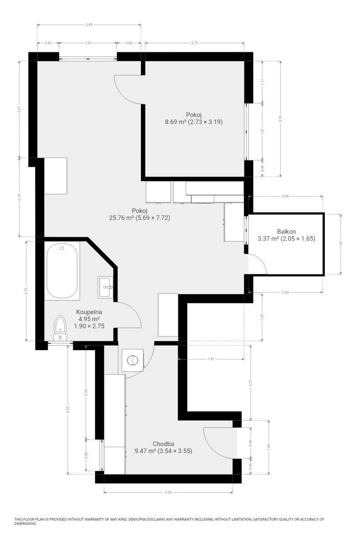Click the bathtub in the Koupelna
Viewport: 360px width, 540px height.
pyautogui.click(x=62, y=271)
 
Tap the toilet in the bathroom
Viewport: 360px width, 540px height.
pyautogui.click(x=60, y=328)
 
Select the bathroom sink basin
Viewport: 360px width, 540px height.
pyautogui.click(x=105, y=287)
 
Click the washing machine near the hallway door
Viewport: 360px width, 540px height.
pyautogui.click(x=132, y=360)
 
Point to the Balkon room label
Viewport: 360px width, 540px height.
pyautogui.click(x=287, y=232)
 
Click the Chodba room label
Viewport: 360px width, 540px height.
pyautogui.click(x=163, y=444)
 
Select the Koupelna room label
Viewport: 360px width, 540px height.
pyautogui.click(x=89, y=312)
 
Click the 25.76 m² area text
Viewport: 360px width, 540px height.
pyautogui.click(x=121, y=218)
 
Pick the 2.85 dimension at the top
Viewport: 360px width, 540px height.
pyautogui.click(x=89, y=25)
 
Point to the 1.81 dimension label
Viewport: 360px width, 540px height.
pyautogui.click(x=211, y=359)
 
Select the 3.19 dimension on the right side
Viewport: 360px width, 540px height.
pyautogui.click(x=280, y=119)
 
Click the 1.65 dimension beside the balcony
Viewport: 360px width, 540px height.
pyautogui.click(x=341, y=244)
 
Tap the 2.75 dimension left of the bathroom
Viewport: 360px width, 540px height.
pyautogui.click(x=26, y=291)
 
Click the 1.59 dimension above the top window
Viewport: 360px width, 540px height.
pyautogui.click(x=88, y=43)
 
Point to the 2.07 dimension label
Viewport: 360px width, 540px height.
pyautogui.click(x=251, y=382)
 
